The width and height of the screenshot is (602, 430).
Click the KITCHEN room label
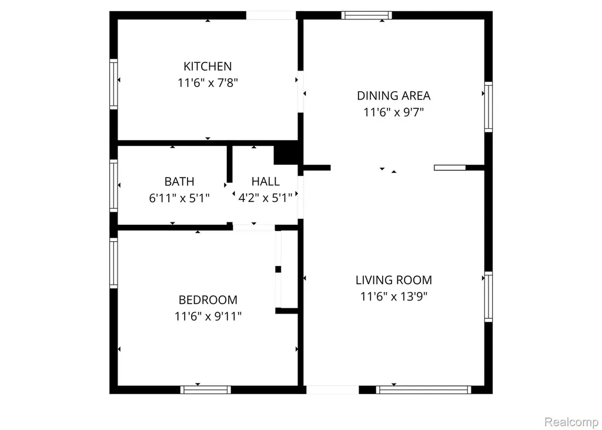tap(208, 66)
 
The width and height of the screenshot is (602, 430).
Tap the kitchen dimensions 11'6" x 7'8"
tap(208, 83)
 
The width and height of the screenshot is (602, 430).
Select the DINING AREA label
tap(393, 96)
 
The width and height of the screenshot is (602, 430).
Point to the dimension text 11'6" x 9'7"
tap(393, 112)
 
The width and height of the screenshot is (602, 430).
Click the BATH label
tap(179, 181)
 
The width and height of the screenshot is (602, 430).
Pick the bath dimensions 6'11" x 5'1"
tap(179, 198)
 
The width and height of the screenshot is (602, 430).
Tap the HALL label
tap(265, 181)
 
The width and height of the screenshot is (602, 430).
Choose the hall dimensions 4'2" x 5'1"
tap(265, 198)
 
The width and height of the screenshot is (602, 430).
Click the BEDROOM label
tap(208, 300)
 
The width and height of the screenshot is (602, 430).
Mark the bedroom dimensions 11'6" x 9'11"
tap(208, 316)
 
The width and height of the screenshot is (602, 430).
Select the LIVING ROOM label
tap(393, 280)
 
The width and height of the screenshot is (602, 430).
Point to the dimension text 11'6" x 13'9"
tap(393, 296)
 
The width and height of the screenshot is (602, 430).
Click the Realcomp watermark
tap(571, 422)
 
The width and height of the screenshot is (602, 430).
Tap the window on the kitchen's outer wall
tap(113, 84)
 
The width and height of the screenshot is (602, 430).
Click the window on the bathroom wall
tap(113, 186)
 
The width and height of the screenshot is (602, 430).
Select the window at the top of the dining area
tap(367, 15)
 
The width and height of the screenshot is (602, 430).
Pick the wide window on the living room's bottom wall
tap(423, 389)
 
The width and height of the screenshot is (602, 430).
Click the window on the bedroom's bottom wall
tap(205, 389)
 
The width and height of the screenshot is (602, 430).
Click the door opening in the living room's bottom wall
tap(333, 389)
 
